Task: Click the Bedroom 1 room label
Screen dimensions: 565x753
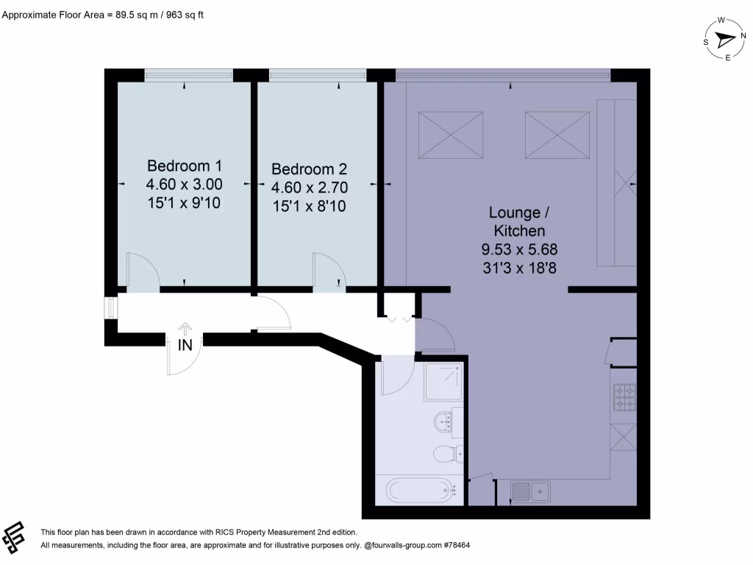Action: (184, 165)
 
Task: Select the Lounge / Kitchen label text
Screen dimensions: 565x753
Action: (518, 222)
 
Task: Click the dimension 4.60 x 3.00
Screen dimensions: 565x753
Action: (184, 184)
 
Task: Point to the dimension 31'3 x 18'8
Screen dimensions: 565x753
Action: (518, 269)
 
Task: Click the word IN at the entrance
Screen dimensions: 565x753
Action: (185, 344)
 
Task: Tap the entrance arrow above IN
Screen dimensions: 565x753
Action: (185, 329)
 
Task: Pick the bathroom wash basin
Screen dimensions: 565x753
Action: (444, 422)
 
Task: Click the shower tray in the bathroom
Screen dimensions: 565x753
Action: (443, 381)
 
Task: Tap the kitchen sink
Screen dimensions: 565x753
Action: (529, 489)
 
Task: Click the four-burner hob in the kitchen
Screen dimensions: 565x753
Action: (624, 397)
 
